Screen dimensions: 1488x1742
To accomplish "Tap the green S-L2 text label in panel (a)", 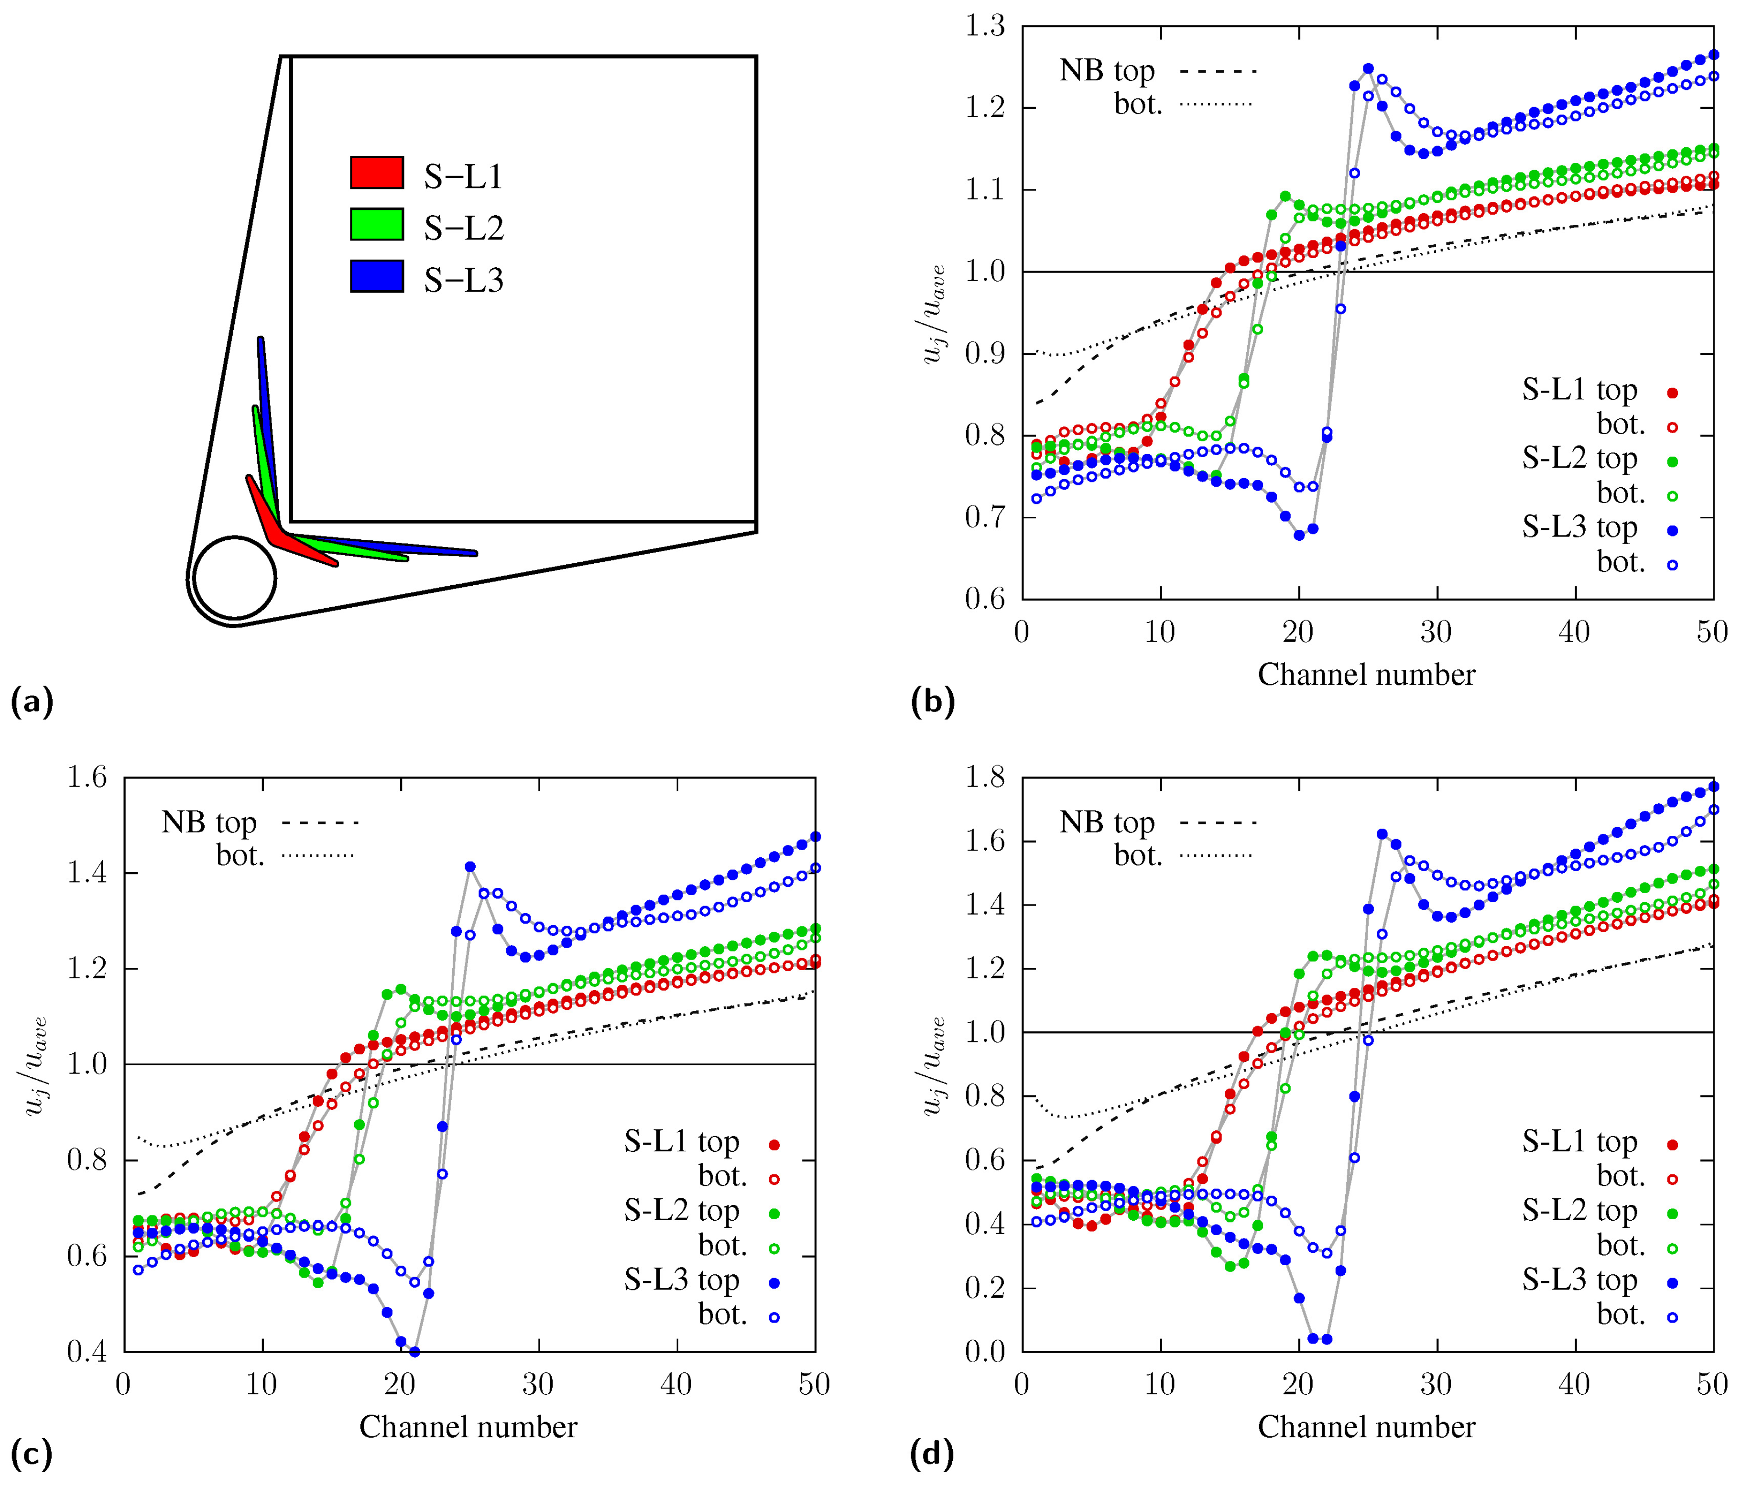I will [x=463, y=228].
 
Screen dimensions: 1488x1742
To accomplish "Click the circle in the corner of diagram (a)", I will [x=235, y=579].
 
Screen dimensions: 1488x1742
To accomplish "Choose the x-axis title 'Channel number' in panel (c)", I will [x=468, y=1427].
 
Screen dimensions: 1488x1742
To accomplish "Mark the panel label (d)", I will [x=932, y=1454].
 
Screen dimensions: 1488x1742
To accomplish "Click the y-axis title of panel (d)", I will [x=933, y=1065].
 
